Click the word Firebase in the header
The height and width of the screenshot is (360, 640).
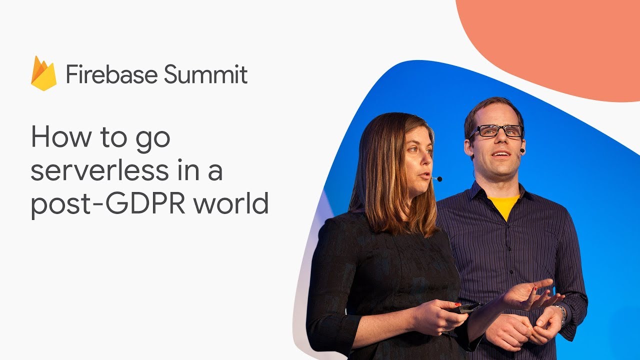[111, 74]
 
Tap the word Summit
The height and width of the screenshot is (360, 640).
[205, 74]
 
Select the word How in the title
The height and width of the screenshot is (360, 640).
[60, 137]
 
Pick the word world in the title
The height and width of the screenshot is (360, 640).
[231, 202]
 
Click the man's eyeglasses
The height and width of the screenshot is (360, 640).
[496, 131]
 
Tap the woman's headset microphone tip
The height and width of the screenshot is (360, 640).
[439, 179]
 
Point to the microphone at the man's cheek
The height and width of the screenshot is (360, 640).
[522, 150]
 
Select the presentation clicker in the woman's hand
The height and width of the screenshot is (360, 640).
[465, 308]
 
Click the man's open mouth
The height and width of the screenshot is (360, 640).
[502, 154]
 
